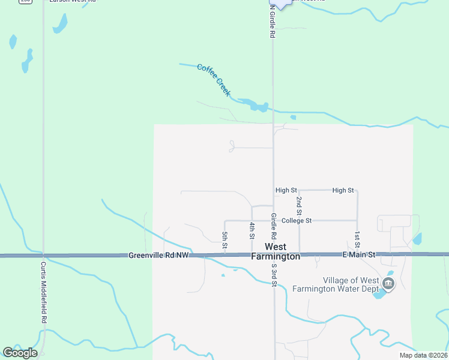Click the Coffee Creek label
(214, 79)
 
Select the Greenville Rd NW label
(158, 256)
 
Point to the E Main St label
(358, 255)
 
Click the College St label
(297, 221)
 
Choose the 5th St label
(225, 240)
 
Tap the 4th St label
(252, 230)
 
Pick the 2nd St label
(299, 205)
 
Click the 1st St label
(357, 239)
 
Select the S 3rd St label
(274, 275)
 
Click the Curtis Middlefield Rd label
(44, 292)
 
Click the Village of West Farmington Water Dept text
(336, 284)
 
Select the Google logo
(20, 353)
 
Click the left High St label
(286, 190)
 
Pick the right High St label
(343, 190)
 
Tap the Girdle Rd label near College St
(273, 224)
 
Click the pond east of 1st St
(417, 240)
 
